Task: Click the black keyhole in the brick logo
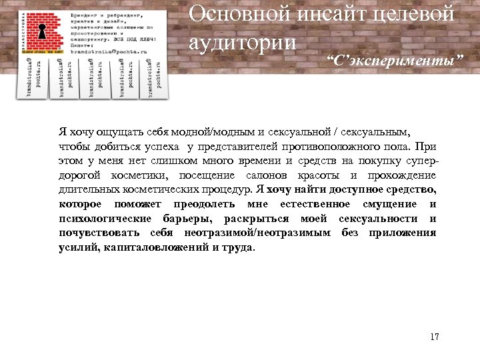coord(41,32)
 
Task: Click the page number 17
coord(435,337)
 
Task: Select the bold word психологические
coord(105,219)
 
